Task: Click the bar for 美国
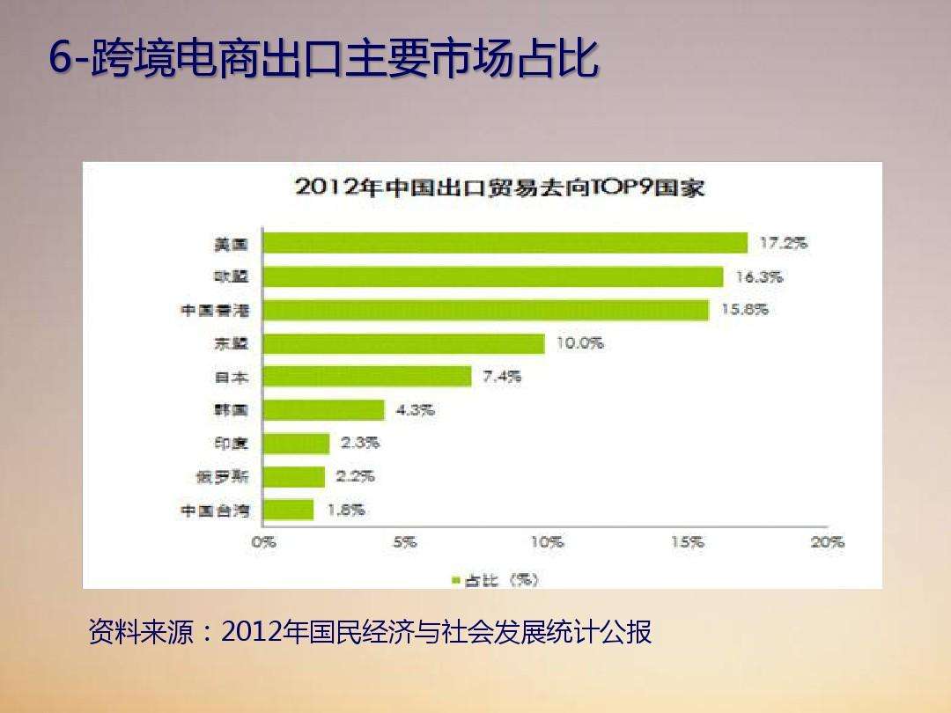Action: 505,243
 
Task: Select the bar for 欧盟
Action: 492,276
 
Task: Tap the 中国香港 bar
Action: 485,310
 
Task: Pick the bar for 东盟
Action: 403,343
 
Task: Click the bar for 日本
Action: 367,377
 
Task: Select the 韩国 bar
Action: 323,410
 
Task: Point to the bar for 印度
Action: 296,444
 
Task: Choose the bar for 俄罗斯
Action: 294,477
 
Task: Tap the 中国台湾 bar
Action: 288,510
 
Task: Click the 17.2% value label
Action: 783,243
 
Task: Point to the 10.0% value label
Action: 579,343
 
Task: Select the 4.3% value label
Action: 415,410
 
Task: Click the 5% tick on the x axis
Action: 404,543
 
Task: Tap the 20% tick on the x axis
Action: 827,543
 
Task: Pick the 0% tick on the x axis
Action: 263,543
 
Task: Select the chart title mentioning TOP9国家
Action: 500,187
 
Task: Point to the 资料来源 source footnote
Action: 370,632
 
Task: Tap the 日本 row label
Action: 232,377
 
